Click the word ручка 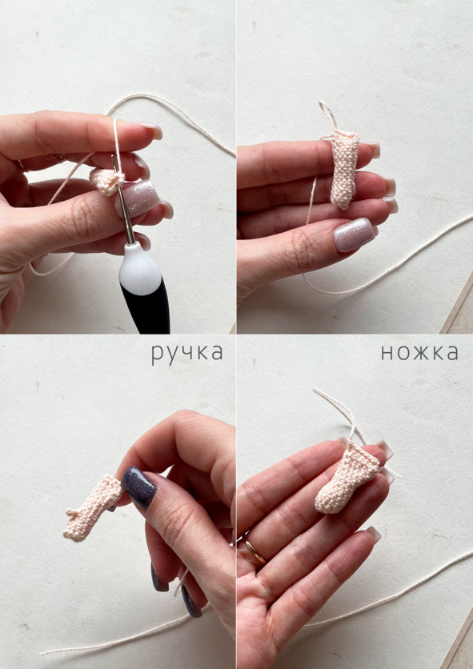tap(187, 354)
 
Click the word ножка tap(419, 353)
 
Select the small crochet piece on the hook tap(106, 182)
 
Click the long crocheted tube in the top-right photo tap(344, 170)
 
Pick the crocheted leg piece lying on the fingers tap(346, 479)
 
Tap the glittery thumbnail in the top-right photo tap(354, 234)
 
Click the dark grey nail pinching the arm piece tap(139, 487)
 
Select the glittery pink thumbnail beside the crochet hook tap(138, 198)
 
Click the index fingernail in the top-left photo tap(150, 130)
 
